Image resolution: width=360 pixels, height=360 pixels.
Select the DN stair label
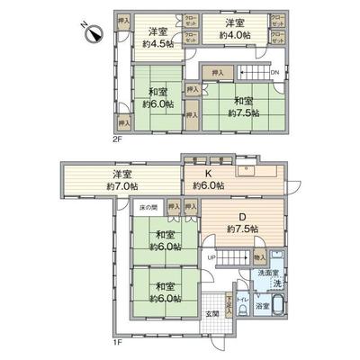pos(274,73)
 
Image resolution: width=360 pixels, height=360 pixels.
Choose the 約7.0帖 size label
pos(121,185)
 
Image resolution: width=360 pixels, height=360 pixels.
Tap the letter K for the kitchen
pos(207,174)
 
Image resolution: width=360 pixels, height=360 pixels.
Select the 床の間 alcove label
pos(148,206)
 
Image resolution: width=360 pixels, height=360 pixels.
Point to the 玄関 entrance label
pos(211,312)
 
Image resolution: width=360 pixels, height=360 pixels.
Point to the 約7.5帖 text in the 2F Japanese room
pos(243,114)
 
